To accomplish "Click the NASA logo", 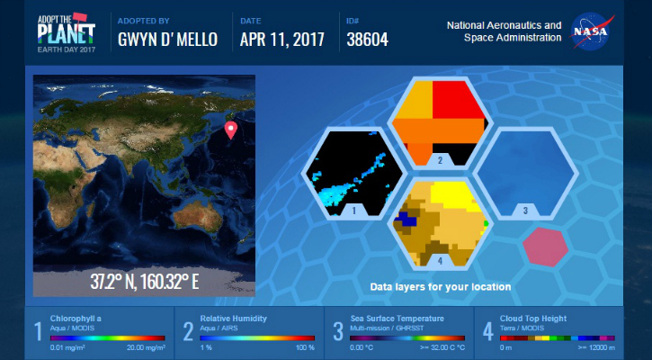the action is [x=592, y=31].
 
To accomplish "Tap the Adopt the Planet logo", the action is [x=67, y=32].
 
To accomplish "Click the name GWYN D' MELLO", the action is [x=167, y=40].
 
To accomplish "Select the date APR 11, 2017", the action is [x=281, y=40].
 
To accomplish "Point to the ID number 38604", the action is [x=367, y=40].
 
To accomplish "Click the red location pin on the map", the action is [x=231, y=130].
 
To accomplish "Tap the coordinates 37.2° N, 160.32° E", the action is [x=144, y=282].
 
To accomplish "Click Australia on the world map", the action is [x=198, y=216].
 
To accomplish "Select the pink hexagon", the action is [x=545, y=247].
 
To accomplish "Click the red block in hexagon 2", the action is [x=458, y=100].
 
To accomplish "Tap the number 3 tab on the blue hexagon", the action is [x=525, y=211].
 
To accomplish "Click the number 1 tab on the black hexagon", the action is [x=353, y=211].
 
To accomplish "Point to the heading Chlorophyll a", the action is [x=76, y=319].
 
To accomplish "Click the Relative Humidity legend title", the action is [x=233, y=319].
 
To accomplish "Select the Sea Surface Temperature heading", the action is [x=397, y=319].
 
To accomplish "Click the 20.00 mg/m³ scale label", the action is [x=145, y=348].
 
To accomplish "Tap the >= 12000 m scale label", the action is [x=596, y=348].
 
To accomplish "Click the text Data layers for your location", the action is [x=441, y=287].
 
